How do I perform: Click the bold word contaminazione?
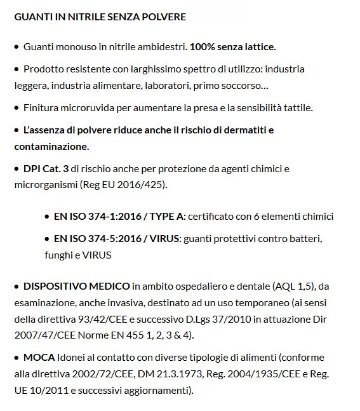[51, 146]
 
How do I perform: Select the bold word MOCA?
[39, 357]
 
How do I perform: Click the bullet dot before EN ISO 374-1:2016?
[47, 217]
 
